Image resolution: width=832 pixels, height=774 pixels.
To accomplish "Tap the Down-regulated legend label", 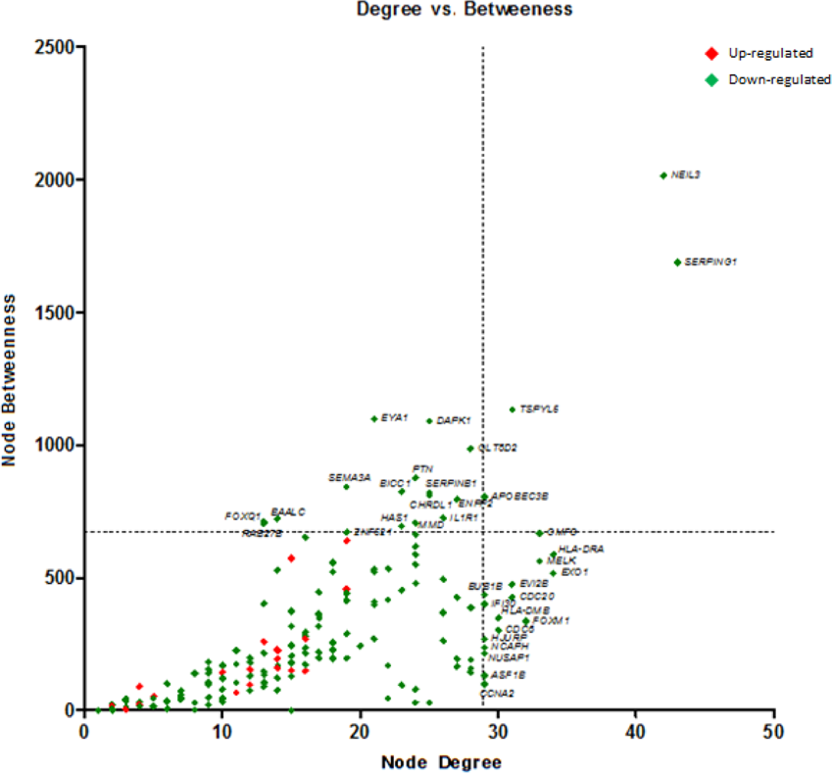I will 779,79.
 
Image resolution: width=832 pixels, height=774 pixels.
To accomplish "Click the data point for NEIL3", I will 663,175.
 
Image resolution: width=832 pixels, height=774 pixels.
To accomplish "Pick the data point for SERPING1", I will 677,263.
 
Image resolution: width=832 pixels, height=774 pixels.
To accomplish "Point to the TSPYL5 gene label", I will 540,409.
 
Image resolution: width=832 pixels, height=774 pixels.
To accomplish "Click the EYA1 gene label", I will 394,418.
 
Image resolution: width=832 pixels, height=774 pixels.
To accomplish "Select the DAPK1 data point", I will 429,421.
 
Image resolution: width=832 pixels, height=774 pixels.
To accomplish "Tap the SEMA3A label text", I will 350,477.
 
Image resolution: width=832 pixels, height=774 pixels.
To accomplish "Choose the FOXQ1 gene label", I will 242,515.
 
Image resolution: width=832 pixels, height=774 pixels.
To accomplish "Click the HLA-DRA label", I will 581,549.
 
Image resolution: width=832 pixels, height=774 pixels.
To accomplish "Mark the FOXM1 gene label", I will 552,621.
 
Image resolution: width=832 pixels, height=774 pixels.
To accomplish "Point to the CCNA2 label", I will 497,693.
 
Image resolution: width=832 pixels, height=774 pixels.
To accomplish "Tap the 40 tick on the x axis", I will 636,731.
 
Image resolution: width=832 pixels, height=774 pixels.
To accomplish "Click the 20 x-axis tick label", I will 361,731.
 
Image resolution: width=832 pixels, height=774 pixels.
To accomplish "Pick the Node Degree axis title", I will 429,761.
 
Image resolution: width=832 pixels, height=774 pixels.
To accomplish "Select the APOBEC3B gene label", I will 521,497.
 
